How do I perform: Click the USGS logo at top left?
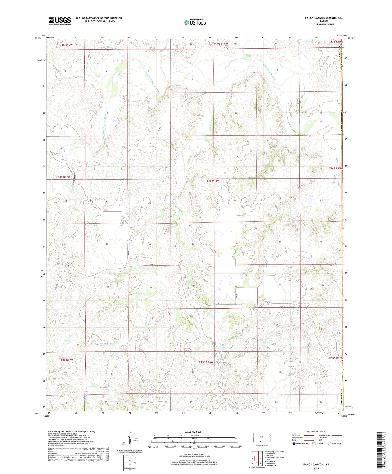point(60,21)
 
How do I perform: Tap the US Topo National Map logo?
point(195,22)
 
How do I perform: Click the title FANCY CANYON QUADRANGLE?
point(324,18)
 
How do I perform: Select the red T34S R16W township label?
point(212,181)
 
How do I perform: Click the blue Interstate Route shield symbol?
point(294,444)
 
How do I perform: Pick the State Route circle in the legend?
point(330,444)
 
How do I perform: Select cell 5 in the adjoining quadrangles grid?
point(261,458)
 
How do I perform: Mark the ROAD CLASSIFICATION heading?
point(316,431)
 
